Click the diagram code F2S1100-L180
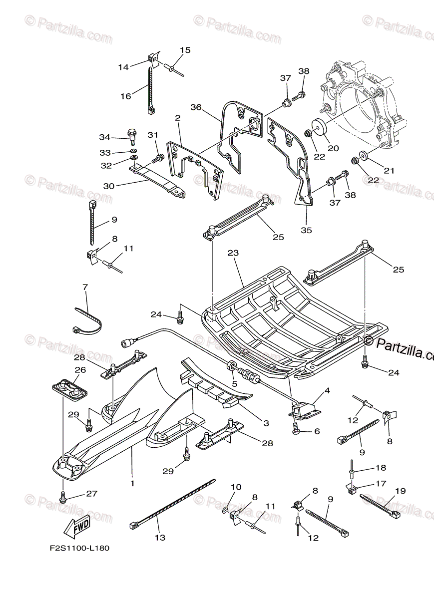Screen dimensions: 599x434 79,548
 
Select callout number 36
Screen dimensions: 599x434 195,107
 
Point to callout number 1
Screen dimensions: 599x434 132,483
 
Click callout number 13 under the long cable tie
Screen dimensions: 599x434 159,538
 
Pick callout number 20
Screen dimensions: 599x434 333,148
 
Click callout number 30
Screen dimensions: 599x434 108,186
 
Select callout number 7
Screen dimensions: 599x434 85,287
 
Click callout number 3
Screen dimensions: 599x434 266,423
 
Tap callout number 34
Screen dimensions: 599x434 104,137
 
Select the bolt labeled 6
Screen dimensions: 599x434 296,427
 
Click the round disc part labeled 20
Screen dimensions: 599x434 320,127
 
